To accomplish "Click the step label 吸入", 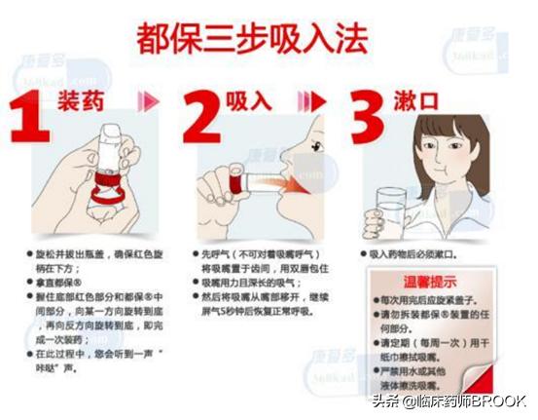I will click(248, 101).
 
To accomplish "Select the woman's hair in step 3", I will click(429, 132).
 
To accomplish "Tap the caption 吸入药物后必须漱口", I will click(417, 254).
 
